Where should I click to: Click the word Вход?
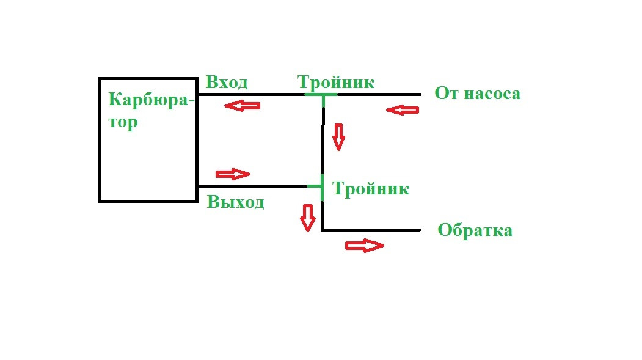coord(227,83)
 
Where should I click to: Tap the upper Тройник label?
coord(335,82)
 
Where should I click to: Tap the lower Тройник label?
coord(370,188)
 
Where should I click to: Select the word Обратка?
coord(475,230)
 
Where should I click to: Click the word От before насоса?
coord(445,94)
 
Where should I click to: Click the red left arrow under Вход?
coord(242,106)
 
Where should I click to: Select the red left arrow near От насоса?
coord(403,110)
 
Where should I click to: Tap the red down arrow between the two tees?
coord(338,137)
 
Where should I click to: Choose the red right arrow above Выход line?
coord(233,174)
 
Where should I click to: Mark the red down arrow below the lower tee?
coord(307,218)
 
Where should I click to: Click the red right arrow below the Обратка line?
coord(364,246)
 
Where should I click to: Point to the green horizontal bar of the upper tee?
coord(321,95)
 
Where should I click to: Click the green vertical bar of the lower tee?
coord(322,187)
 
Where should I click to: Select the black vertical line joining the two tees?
coord(322,141)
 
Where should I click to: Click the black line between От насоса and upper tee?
coord(379,95)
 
